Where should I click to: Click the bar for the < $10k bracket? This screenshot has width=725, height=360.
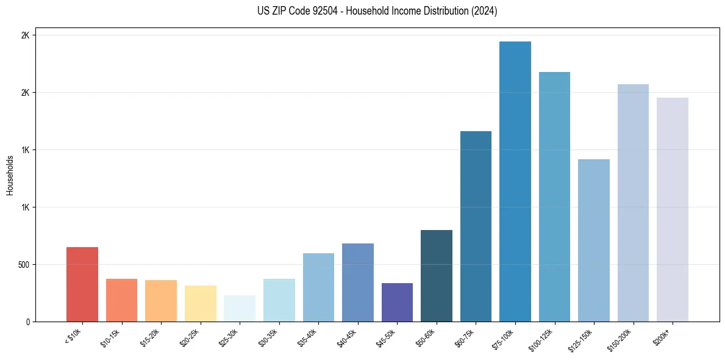point(82,284)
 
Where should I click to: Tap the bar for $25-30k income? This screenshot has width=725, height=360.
point(240,308)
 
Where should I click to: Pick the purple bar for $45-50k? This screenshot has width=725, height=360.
point(397,302)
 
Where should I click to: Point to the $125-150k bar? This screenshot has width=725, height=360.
point(594,240)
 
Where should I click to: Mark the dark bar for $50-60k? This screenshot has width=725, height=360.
point(437,276)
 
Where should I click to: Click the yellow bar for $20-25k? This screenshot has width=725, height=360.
point(201,303)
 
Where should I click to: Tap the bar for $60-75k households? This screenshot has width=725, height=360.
point(476,226)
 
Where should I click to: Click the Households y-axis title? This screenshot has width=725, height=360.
point(10,175)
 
